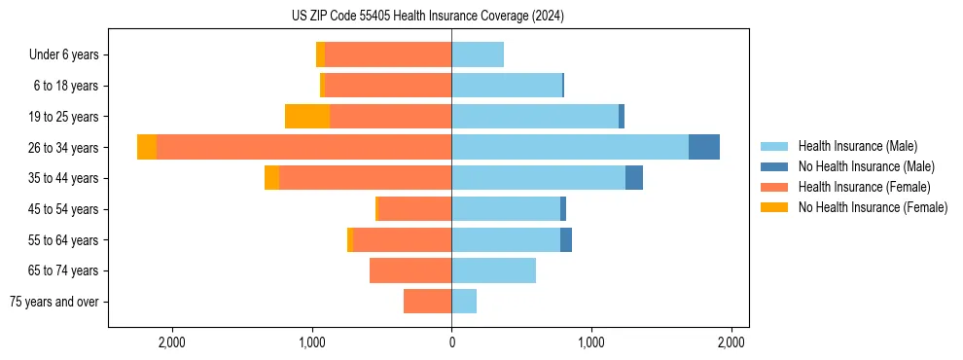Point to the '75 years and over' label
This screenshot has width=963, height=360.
[x=54, y=302]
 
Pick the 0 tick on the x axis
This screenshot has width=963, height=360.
[x=451, y=342]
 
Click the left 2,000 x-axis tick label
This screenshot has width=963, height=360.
[x=171, y=342]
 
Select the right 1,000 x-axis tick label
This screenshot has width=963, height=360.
[x=591, y=342]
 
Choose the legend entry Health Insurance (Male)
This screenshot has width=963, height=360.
[x=857, y=146]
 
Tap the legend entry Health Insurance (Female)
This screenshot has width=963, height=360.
[x=861, y=187]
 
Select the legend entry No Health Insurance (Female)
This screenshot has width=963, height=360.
[x=872, y=207]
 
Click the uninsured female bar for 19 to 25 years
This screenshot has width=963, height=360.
[x=307, y=117]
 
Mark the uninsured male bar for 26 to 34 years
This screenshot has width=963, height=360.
[x=704, y=147]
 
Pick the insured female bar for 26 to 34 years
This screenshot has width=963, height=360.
[x=303, y=147]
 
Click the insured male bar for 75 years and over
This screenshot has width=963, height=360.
[x=464, y=302]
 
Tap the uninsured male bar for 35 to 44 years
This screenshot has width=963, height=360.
[x=634, y=178]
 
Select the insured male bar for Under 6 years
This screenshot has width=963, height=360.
[x=478, y=54]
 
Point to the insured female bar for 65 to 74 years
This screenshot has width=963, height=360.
[x=410, y=270]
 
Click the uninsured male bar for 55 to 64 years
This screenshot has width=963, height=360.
[x=566, y=239]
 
